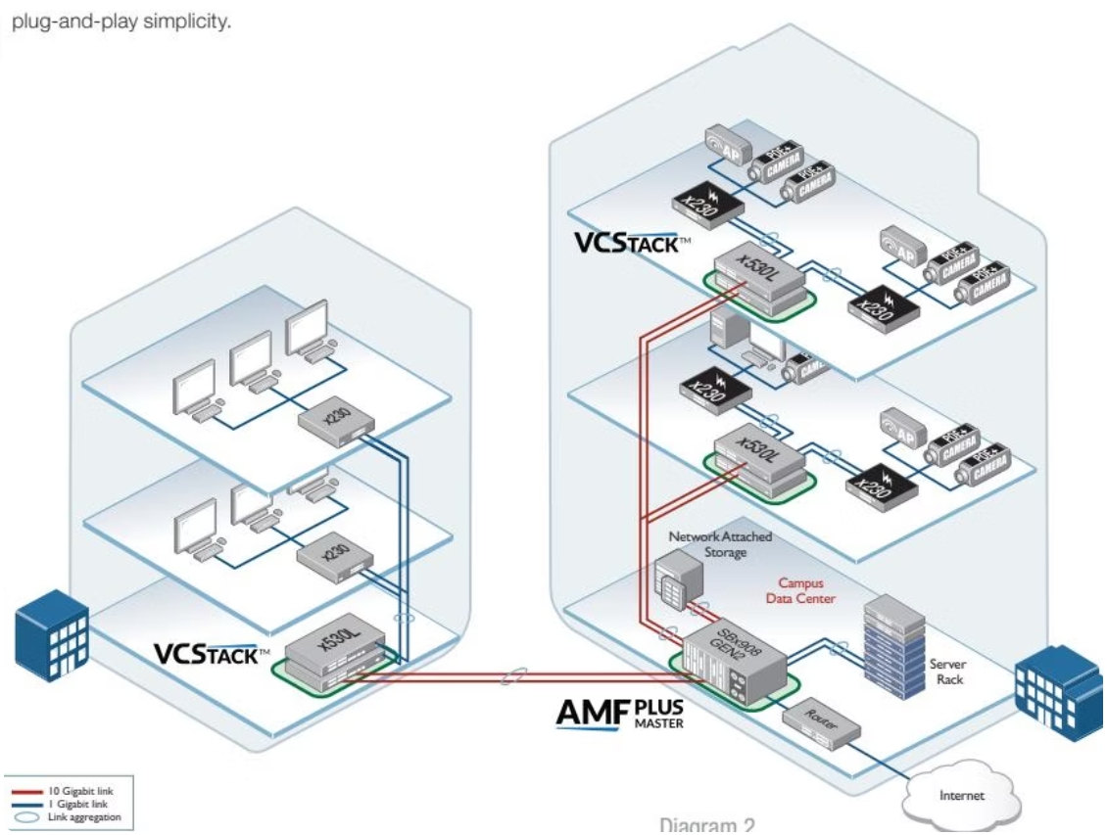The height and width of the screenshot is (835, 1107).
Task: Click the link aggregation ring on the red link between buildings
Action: tap(510, 675)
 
